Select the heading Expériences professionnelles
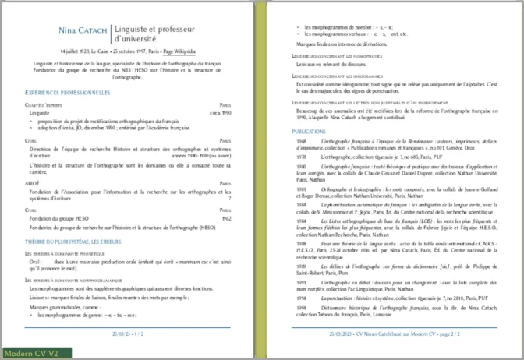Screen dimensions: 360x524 click(x=68, y=93)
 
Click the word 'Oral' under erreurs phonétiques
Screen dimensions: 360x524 click(x=35, y=262)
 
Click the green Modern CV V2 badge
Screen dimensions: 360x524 click(x=31, y=353)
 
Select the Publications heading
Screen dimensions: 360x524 click(x=310, y=132)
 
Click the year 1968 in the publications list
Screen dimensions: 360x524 click(x=301, y=142)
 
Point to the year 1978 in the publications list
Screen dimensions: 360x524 click(x=301, y=157)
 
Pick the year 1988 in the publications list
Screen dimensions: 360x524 click(x=301, y=244)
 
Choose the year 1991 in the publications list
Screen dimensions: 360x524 click(x=301, y=281)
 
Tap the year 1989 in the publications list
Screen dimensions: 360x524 click(x=301, y=264)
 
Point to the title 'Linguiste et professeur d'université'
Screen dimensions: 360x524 click(x=154, y=34)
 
